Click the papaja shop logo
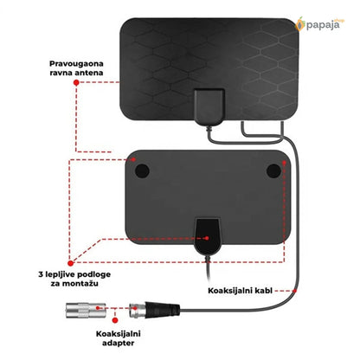319,24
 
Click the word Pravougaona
76,64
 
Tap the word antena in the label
89,73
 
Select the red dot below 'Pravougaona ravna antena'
76,83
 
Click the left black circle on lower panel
142,170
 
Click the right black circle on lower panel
273,170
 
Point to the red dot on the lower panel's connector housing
207,238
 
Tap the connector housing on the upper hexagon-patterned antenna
209,106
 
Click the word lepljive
60,274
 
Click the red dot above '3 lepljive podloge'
70,263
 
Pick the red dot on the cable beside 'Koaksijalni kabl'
294,291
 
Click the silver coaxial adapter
86,310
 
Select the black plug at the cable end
163,310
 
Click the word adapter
118,344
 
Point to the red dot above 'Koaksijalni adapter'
115,320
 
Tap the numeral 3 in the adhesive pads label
41,274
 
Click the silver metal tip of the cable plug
137,310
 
